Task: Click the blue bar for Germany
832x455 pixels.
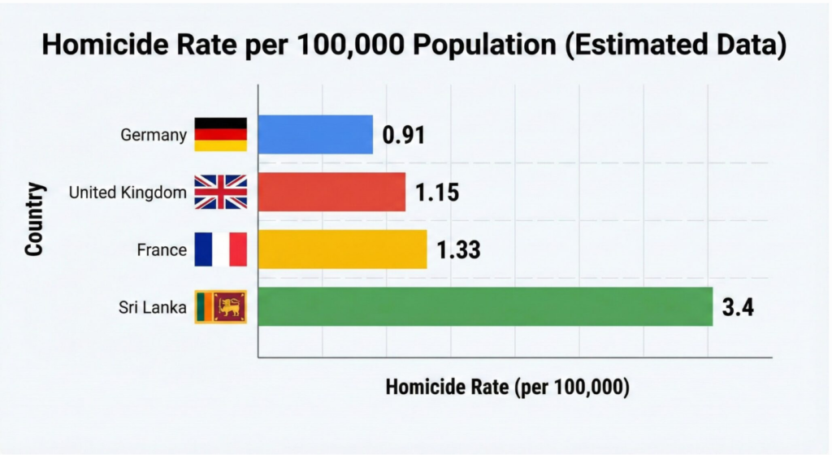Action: click(315, 135)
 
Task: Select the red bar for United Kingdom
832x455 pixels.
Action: click(331, 193)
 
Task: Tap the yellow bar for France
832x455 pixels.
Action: click(342, 249)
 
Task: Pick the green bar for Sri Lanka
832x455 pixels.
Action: click(485, 307)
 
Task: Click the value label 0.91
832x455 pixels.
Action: click(404, 136)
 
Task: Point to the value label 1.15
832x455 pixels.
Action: click(438, 193)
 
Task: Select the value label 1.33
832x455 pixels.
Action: click(459, 250)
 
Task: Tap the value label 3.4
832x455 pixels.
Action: click(738, 308)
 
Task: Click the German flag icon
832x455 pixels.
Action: click(220, 135)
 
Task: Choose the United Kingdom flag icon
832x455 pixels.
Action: click(220, 193)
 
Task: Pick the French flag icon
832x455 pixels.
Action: click(220, 249)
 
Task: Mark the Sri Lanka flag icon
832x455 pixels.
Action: click(220, 307)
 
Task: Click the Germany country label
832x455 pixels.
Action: click(154, 135)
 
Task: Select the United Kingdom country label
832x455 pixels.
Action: click(128, 193)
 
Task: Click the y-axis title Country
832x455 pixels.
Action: click(34, 221)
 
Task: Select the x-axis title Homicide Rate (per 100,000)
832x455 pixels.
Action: click(508, 387)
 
